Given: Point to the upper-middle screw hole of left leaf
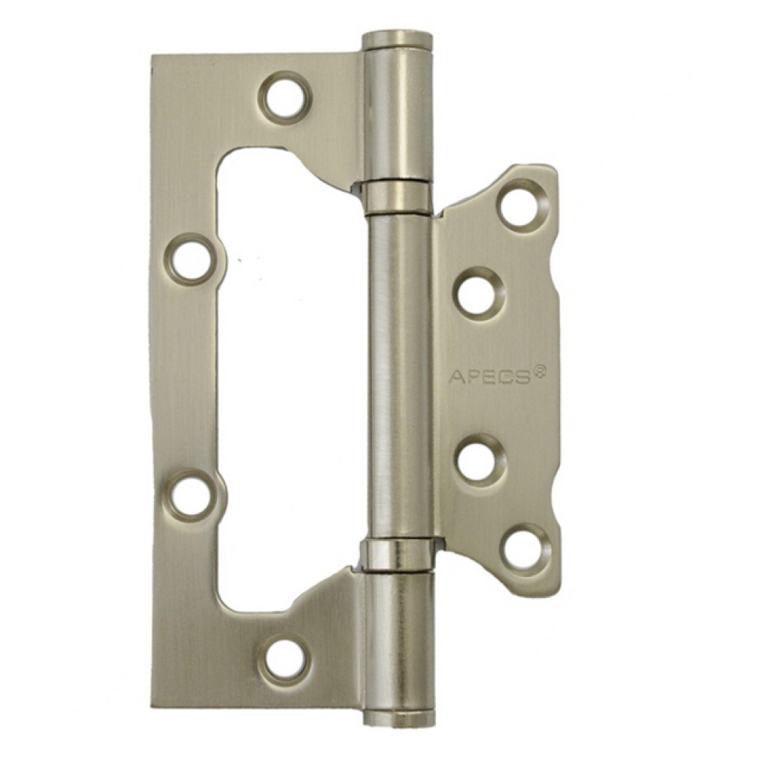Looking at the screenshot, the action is tap(193, 258).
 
